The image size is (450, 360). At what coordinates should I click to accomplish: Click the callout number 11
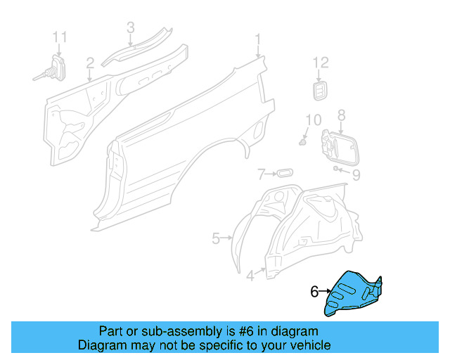[60, 36]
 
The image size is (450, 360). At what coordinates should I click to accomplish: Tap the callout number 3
[130, 27]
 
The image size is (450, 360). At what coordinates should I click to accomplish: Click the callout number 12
[321, 63]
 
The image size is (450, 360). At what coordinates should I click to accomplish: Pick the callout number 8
[342, 115]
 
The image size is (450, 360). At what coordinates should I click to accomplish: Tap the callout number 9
[356, 174]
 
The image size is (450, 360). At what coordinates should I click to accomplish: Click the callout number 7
[260, 173]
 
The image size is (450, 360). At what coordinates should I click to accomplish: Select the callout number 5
[217, 239]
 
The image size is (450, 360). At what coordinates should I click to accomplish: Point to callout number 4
[250, 276]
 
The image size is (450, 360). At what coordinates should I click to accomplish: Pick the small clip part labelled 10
[304, 142]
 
